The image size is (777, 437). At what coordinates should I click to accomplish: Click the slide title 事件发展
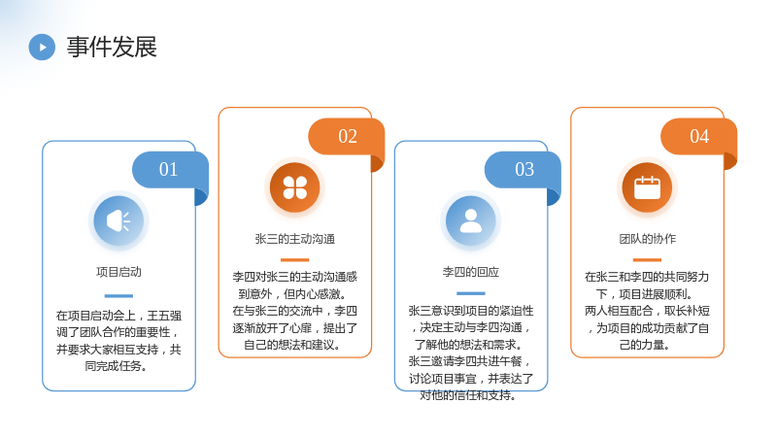pyautogui.click(x=112, y=47)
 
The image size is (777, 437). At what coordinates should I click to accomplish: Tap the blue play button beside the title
pyautogui.click(x=42, y=47)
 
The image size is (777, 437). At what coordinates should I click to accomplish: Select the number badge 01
pyautogui.click(x=168, y=169)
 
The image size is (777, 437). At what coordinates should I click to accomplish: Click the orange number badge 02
pyautogui.click(x=348, y=136)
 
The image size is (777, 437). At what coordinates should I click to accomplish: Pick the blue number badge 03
pyautogui.click(x=524, y=169)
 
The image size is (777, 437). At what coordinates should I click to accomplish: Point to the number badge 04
pyautogui.click(x=699, y=136)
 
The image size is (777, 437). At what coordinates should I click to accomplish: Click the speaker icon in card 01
pyautogui.click(x=118, y=221)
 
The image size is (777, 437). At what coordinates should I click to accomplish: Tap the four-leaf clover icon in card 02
pyautogui.click(x=295, y=187)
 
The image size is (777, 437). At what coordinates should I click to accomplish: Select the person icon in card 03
pyautogui.click(x=471, y=221)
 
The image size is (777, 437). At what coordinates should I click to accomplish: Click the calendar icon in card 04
pyautogui.click(x=647, y=187)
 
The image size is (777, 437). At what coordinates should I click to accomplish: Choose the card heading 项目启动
pyautogui.click(x=118, y=272)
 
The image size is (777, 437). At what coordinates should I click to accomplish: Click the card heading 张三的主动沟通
pyautogui.click(x=295, y=239)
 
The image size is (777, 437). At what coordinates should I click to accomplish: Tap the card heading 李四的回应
pyautogui.click(x=471, y=272)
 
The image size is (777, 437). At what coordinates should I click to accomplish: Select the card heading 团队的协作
pyautogui.click(x=647, y=239)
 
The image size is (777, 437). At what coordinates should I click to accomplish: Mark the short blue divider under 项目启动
pyautogui.click(x=118, y=296)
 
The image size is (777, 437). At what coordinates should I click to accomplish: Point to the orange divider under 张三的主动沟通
pyautogui.click(x=295, y=259)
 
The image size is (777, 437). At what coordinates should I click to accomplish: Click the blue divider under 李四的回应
pyautogui.click(x=471, y=293)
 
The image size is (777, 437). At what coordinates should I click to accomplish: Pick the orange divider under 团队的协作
pyautogui.click(x=647, y=259)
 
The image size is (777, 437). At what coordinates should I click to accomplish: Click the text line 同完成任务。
pyautogui.click(x=116, y=366)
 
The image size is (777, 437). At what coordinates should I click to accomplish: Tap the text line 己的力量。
pyautogui.click(x=645, y=345)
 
